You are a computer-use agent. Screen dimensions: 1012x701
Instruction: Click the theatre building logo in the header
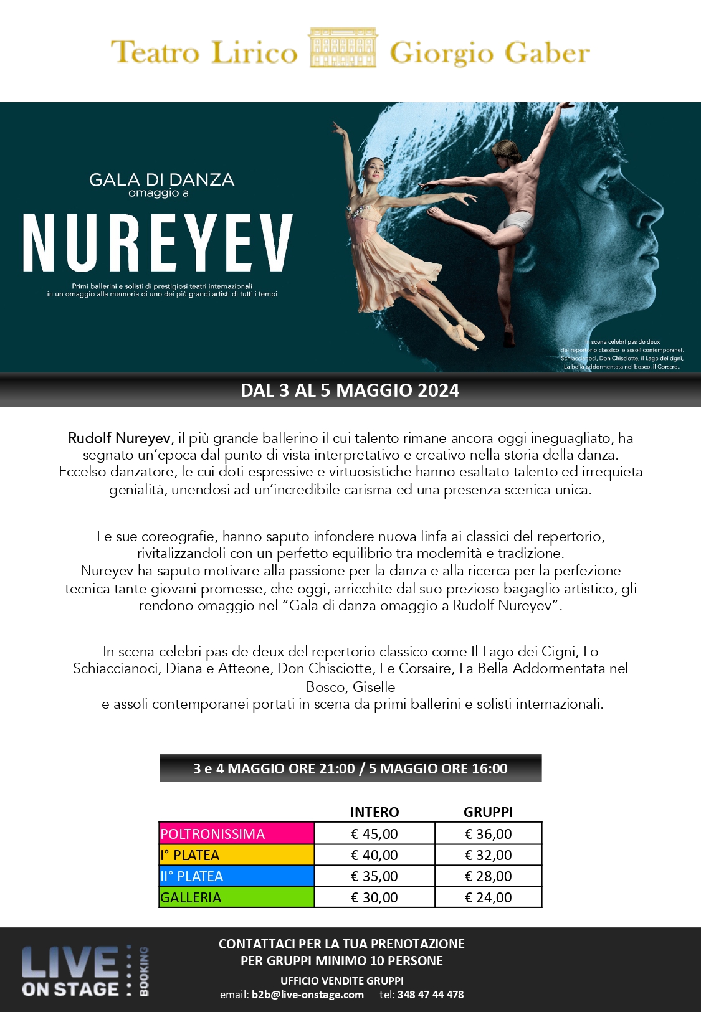click(x=343, y=48)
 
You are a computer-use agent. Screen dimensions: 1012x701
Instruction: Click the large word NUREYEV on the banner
click(x=158, y=244)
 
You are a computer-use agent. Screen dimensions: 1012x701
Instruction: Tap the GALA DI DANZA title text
click(x=161, y=180)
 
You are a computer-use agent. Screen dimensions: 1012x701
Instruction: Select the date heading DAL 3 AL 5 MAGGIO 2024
click(x=350, y=390)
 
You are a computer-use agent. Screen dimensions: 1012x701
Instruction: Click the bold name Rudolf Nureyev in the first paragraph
click(x=119, y=438)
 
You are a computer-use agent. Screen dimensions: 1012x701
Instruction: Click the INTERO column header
click(x=374, y=812)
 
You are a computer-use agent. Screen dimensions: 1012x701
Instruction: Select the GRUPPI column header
click(x=488, y=812)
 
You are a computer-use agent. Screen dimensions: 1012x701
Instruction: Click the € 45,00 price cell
click(x=374, y=834)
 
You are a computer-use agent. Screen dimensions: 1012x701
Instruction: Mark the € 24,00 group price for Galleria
click(x=488, y=897)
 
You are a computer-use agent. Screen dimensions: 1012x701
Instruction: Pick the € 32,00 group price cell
click(x=488, y=855)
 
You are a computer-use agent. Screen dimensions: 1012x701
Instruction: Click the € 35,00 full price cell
click(x=374, y=876)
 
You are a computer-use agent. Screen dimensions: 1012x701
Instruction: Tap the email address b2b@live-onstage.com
click(x=307, y=995)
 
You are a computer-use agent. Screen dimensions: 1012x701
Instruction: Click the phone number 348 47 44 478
click(x=430, y=995)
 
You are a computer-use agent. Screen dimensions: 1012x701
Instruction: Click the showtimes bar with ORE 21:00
click(x=350, y=768)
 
